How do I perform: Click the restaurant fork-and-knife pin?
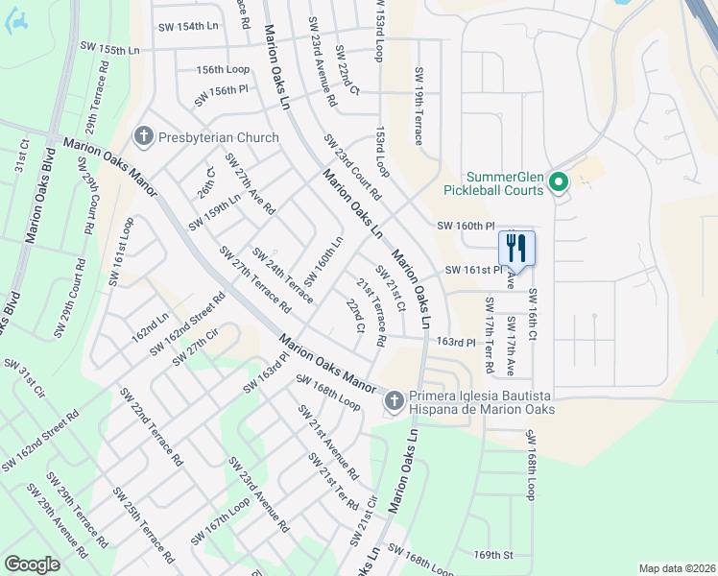point(516,248)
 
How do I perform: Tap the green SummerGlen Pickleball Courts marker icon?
point(559,181)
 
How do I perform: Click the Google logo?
point(32,564)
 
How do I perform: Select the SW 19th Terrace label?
point(419,107)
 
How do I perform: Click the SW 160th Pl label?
point(469,226)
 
